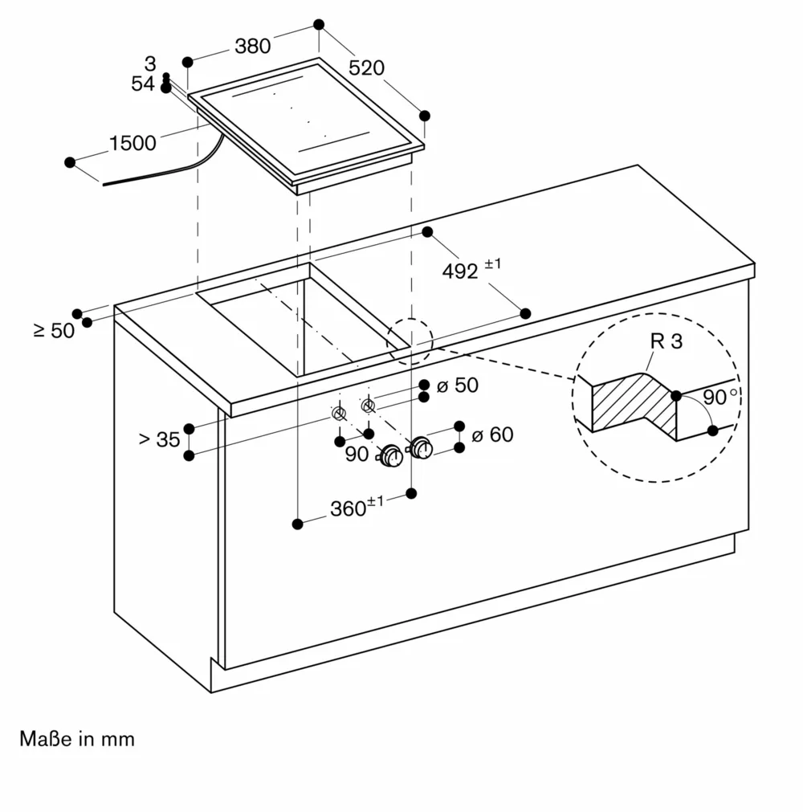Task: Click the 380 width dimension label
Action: click(252, 47)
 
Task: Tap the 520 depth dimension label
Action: click(367, 68)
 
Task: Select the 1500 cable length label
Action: click(132, 144)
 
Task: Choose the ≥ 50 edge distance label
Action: click(54, 330)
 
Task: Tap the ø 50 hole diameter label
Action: click(457, 386)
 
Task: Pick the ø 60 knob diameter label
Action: click(491, 435)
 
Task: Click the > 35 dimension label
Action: click(159, 439)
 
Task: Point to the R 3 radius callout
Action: click(666, 341)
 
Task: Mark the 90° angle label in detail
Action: click(719, 397)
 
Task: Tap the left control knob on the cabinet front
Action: click(391, 455)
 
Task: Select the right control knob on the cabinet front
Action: click(421, 447)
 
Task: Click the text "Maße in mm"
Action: click(77, 739)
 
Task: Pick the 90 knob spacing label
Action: click(357, 454)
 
